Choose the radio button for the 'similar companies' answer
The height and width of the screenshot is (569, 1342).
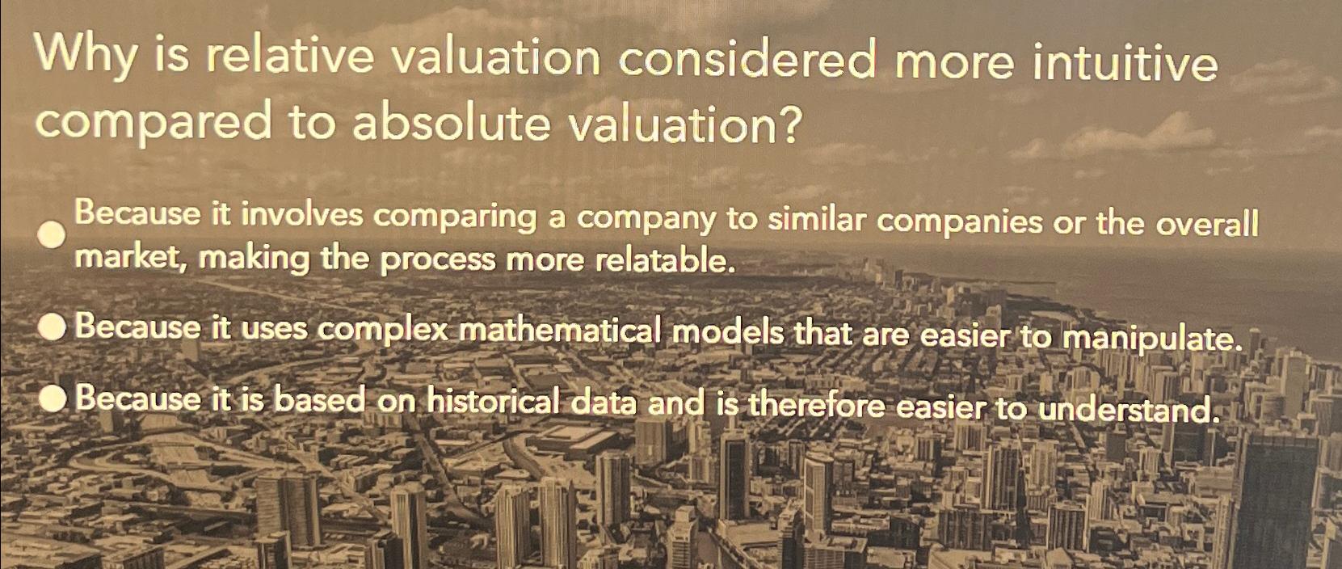[x=53, y=235]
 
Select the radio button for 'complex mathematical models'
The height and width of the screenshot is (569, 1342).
[x=53, y=327]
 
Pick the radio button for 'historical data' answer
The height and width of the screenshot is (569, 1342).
[x=53, y=398]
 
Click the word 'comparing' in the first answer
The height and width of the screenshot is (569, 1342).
[x=456, y=217]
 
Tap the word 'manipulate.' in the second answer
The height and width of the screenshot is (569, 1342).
[x=1151, y=338]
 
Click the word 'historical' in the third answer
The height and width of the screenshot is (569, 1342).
[x=493, y=401]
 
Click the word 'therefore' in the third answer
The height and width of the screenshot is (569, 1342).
[x=816, y=405]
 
